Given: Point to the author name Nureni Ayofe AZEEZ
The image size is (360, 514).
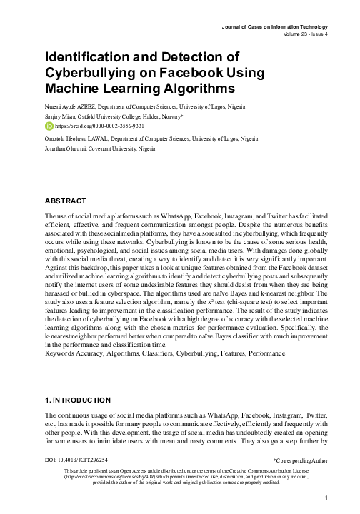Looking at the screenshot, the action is point(71,106).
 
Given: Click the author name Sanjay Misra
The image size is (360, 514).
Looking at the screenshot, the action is point(60,116).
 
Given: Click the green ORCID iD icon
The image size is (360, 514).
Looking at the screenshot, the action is point(49,125).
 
